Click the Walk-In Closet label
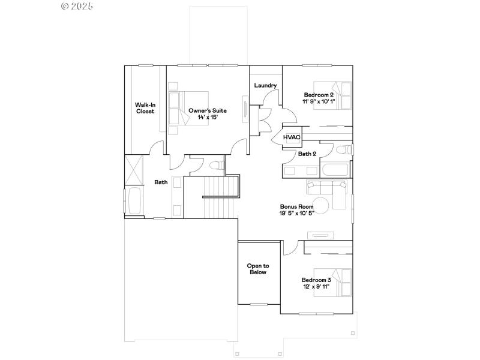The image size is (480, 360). coord(145,108)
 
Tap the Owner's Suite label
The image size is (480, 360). coord(207,110)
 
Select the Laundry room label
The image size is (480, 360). coord(265,86)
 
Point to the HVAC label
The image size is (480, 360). coord(292,137)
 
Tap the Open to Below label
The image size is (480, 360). coord(258,269)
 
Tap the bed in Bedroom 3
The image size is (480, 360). coord(340,282)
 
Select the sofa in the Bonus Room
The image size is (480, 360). coord(328,188)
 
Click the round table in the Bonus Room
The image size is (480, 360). coord(322,205)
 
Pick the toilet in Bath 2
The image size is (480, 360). coord(343,149)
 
